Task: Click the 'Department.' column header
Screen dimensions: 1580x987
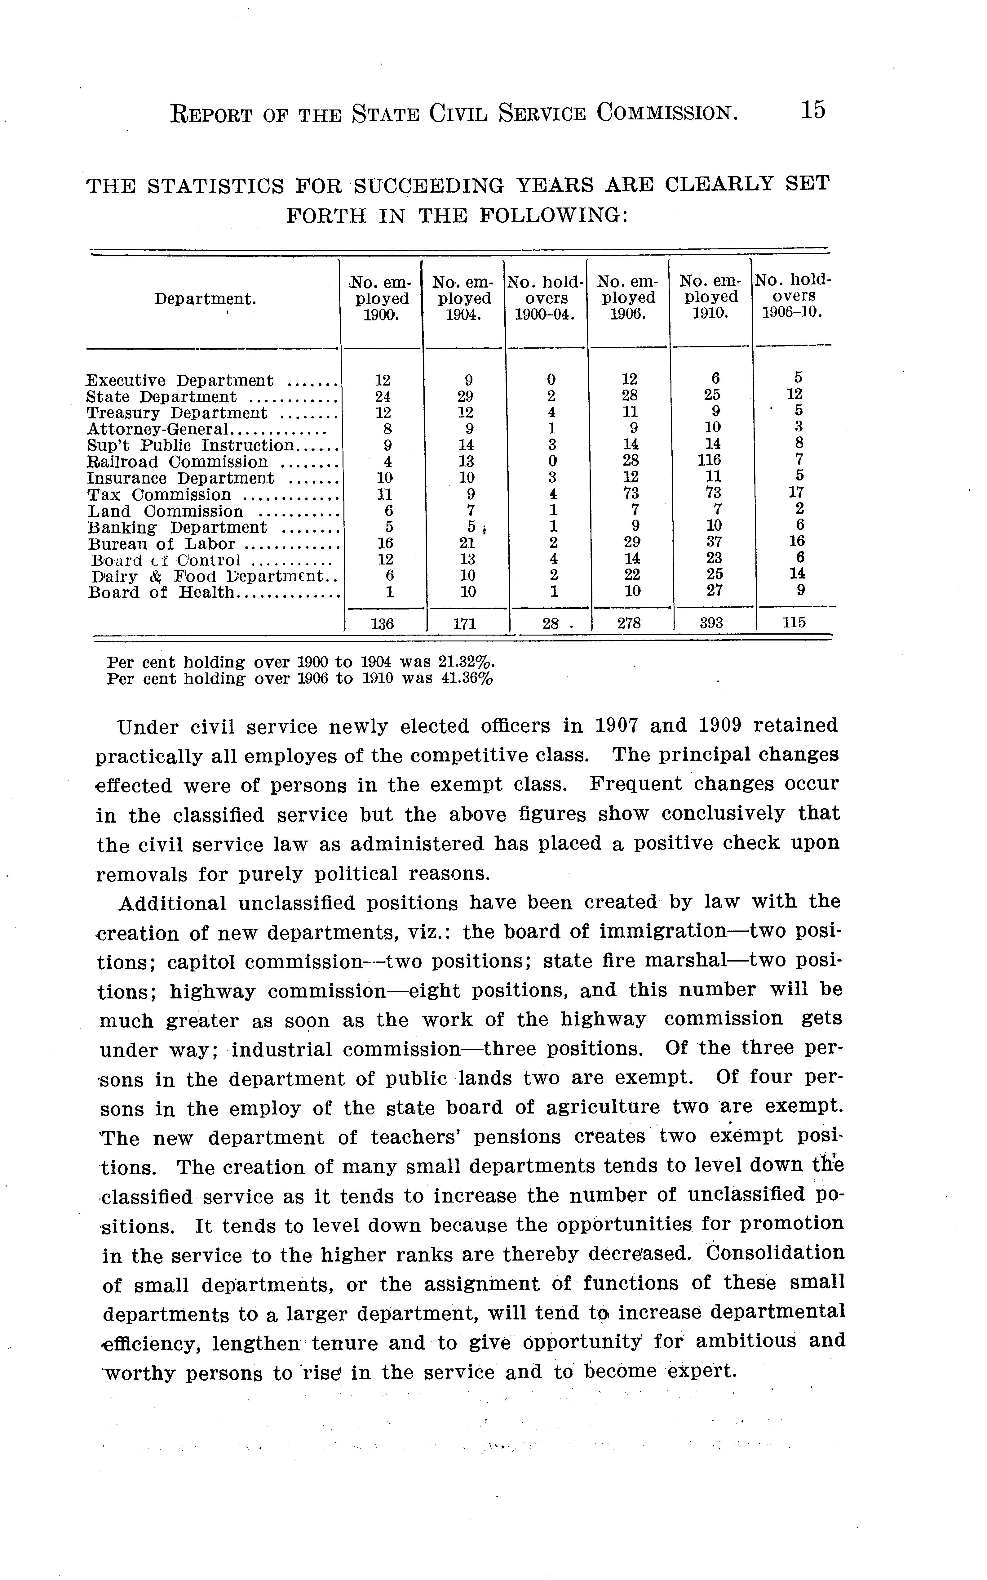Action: pos(205,299)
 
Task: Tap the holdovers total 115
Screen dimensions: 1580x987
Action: pos(794,623)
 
